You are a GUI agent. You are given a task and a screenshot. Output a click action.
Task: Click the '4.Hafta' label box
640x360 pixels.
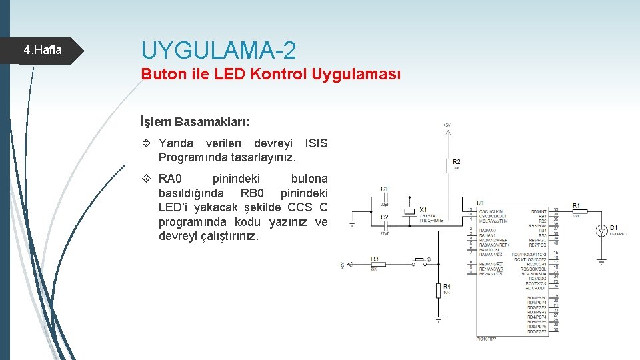(x=43, y=49)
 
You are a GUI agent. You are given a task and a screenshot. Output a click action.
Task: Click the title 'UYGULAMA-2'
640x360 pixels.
(x=219, y=50)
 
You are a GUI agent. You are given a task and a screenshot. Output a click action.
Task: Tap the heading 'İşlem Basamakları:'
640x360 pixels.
(x=195, y=122)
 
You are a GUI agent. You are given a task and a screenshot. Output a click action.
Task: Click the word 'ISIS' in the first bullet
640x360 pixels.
(x=315, y=143)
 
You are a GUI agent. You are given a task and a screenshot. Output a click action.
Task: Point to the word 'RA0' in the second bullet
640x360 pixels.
(x=169, y=179)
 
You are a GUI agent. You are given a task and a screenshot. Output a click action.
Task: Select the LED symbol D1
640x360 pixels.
(x=602, y=231)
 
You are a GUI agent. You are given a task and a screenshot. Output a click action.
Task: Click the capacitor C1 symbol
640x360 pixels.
(x=385, y=197)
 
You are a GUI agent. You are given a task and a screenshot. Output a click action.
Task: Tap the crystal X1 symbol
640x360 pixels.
(x=409, y=212)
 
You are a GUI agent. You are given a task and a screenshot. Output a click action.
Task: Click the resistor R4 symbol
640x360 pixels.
(x=438, y=290)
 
